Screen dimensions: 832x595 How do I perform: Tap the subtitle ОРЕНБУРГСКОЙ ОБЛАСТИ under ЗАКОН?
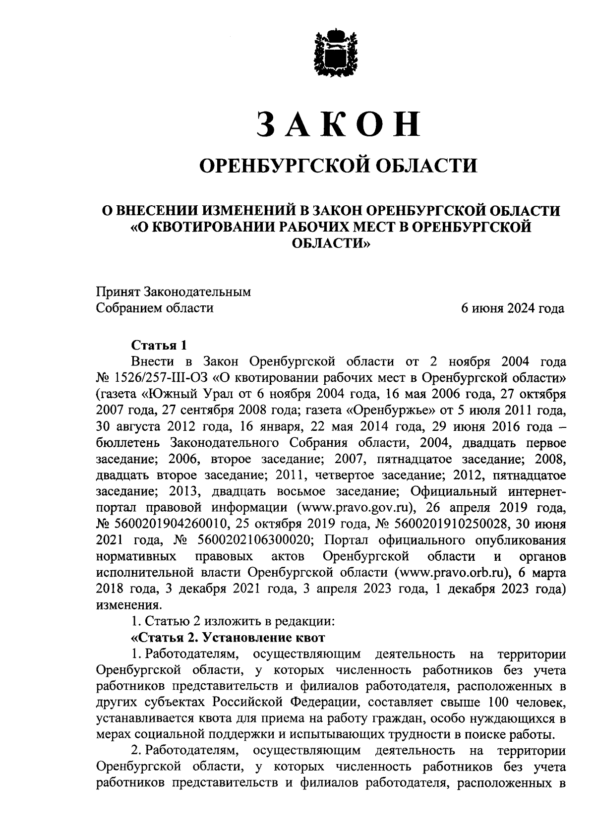click(338, 165)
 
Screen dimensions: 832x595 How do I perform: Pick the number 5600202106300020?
click(254, 539)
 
